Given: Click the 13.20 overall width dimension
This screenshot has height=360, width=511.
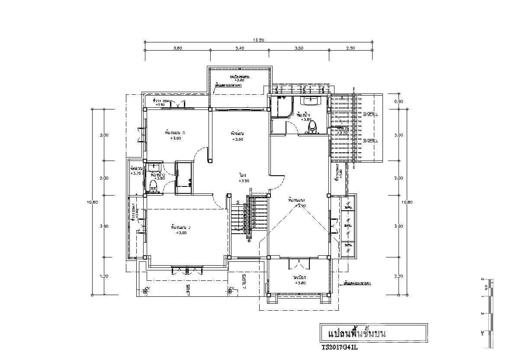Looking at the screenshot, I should point(258,40).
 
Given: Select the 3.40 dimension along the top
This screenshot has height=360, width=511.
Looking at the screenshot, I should point(240,48).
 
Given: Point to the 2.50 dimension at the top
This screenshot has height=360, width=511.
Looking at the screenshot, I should point(350,48).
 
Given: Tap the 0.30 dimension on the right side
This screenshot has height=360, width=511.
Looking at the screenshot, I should point(398,102).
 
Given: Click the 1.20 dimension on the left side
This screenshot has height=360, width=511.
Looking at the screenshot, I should point(104,276).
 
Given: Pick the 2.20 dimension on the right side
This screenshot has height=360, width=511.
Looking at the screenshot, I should point(398,276).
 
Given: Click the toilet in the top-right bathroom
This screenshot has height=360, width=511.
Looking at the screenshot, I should point(312,127).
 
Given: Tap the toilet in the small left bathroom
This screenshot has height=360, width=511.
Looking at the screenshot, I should point(152,186).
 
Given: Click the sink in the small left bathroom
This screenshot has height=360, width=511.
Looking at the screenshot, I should point(154,167).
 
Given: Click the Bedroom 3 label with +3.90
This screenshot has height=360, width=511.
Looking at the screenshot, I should point(175,135).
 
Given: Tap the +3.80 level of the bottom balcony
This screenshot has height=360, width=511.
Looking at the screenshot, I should point(300,283).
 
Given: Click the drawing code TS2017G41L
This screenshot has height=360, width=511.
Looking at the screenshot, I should point(340,347).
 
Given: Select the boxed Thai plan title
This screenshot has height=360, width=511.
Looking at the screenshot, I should point(373,333).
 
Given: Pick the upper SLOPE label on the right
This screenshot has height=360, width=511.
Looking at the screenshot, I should point(370,114).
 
